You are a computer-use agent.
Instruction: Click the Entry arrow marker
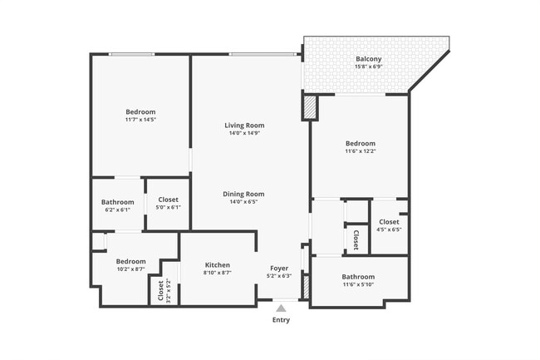click(x=281, y=308)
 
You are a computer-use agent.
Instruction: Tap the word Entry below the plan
click(x=281, y=320)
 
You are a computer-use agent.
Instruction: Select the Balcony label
click(x=369, y=59)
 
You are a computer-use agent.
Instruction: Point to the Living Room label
click(x=244, y=126)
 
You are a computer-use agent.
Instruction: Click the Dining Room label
click(x=243, y=194)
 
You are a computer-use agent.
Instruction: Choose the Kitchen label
click(x=217, y=265)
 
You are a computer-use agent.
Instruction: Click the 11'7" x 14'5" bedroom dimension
click(x=140, y=120)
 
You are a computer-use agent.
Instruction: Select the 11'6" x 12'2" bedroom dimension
click(x=361, y=150)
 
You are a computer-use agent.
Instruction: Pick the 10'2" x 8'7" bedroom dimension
click(x=130, y=269)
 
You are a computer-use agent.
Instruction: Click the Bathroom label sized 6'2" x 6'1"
click(x=118, y=201)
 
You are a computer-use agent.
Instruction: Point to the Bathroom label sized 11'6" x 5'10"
click(x=358, y=277)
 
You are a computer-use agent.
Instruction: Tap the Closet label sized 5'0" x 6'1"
click(x=168, y=200)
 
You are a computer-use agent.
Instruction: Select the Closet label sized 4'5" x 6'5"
click(x=389, y=222)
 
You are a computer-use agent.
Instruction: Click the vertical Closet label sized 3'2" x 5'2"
click(x=160, y=290)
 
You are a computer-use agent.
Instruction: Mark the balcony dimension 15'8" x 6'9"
click(x=369, y=67)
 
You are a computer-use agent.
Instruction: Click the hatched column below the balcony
click(x=310, y=108)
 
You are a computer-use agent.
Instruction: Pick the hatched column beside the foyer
click(x=304, y=287)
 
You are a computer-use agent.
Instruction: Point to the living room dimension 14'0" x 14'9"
click(x=244, y=133)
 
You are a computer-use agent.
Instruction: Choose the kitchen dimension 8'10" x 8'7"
click(x=217, y=273)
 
